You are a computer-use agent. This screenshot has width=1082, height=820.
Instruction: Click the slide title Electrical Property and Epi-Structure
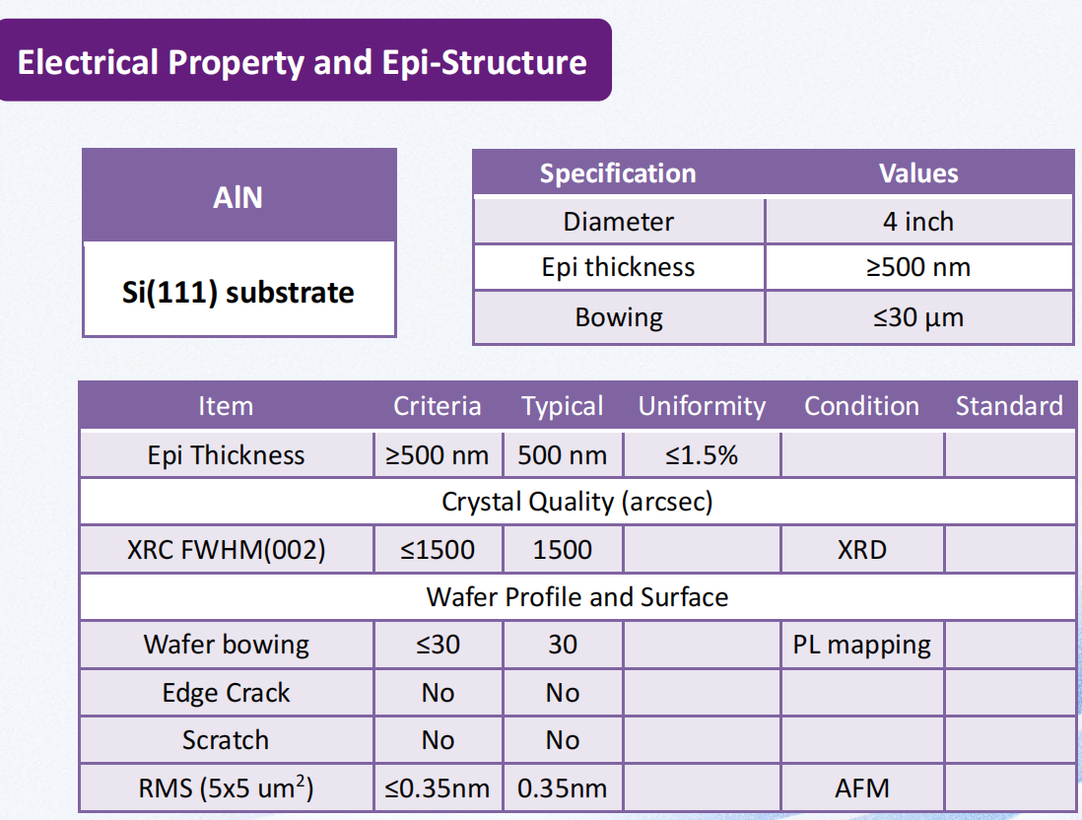[x=303, y=62]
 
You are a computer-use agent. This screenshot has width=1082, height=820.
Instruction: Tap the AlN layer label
[x=238, y=198]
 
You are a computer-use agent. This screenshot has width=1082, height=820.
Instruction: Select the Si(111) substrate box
[x=238, y=289]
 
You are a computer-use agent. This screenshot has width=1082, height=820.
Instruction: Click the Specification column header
[x=618, y=173]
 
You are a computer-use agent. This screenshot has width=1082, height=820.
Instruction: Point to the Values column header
[x=918, y=173]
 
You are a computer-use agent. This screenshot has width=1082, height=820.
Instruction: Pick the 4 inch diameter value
[x=918, y=222]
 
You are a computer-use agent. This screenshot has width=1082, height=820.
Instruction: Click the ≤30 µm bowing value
[x=918, y=317]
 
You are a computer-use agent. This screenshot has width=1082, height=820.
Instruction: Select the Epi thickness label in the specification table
[x=618, y=267]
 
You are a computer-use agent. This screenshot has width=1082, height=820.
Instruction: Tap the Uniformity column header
[x=702, y=406]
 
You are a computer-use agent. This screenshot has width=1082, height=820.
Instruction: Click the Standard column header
[x=1009, y=406]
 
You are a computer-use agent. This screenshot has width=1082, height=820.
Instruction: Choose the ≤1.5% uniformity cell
[x=702, y=455]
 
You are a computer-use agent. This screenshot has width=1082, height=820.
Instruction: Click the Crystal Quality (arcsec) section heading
[x=576, y=502]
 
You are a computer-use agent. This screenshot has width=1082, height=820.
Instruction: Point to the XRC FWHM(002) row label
[x=227, y=550]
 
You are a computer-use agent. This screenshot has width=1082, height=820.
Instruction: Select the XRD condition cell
[x=862, y=550]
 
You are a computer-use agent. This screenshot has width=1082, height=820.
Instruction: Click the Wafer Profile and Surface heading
[x=576, y=597]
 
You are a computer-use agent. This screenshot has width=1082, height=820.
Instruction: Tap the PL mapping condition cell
[x=862, y=645]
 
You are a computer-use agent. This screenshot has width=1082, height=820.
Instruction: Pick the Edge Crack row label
[x=227, y=692]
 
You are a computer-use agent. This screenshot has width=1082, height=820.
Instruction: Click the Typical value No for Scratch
[x=563, y=740]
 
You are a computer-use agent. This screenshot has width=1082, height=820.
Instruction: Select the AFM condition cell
[x=862, y=788]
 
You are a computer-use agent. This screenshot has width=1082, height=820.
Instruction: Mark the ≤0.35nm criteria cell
[x=438, y=788]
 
